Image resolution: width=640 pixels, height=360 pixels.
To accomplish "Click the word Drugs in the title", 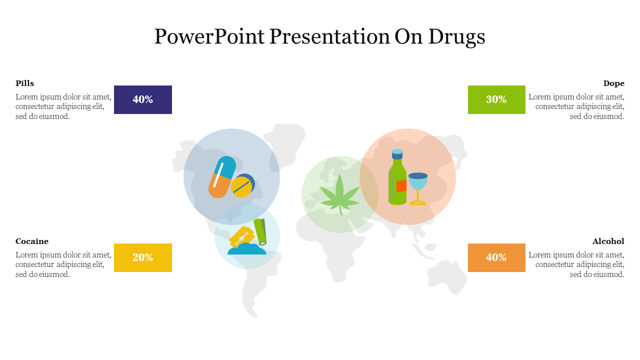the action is point(456,37).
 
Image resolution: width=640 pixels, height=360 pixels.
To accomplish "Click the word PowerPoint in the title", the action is point(209,36).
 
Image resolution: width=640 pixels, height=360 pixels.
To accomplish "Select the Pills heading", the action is point(24,83).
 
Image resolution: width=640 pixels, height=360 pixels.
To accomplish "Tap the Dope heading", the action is point(613,83).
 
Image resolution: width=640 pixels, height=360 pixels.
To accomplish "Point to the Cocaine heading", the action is point(32,241).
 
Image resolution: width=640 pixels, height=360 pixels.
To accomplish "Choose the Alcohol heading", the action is point(608,241).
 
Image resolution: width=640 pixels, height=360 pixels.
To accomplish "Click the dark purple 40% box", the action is point(143,99).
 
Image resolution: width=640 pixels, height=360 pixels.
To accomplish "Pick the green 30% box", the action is point(496,99).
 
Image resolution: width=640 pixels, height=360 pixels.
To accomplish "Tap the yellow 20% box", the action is point(143,257).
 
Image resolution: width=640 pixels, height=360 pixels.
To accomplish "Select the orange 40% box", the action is point(496,257).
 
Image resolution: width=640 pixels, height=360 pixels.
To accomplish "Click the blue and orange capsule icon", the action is point(222,177).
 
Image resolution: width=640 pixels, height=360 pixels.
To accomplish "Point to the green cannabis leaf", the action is point(339,195).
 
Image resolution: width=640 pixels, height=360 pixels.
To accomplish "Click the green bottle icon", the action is point(397,177).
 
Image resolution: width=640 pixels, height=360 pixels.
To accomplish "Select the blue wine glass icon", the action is point(418,189).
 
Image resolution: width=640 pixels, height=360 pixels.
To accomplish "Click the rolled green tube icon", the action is point(260,231).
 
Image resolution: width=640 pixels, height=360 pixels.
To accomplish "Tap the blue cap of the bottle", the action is point(397,154).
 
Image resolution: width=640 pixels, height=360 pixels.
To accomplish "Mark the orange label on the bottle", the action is point(401,186).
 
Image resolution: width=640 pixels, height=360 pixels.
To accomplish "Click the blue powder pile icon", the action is point(247,249).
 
